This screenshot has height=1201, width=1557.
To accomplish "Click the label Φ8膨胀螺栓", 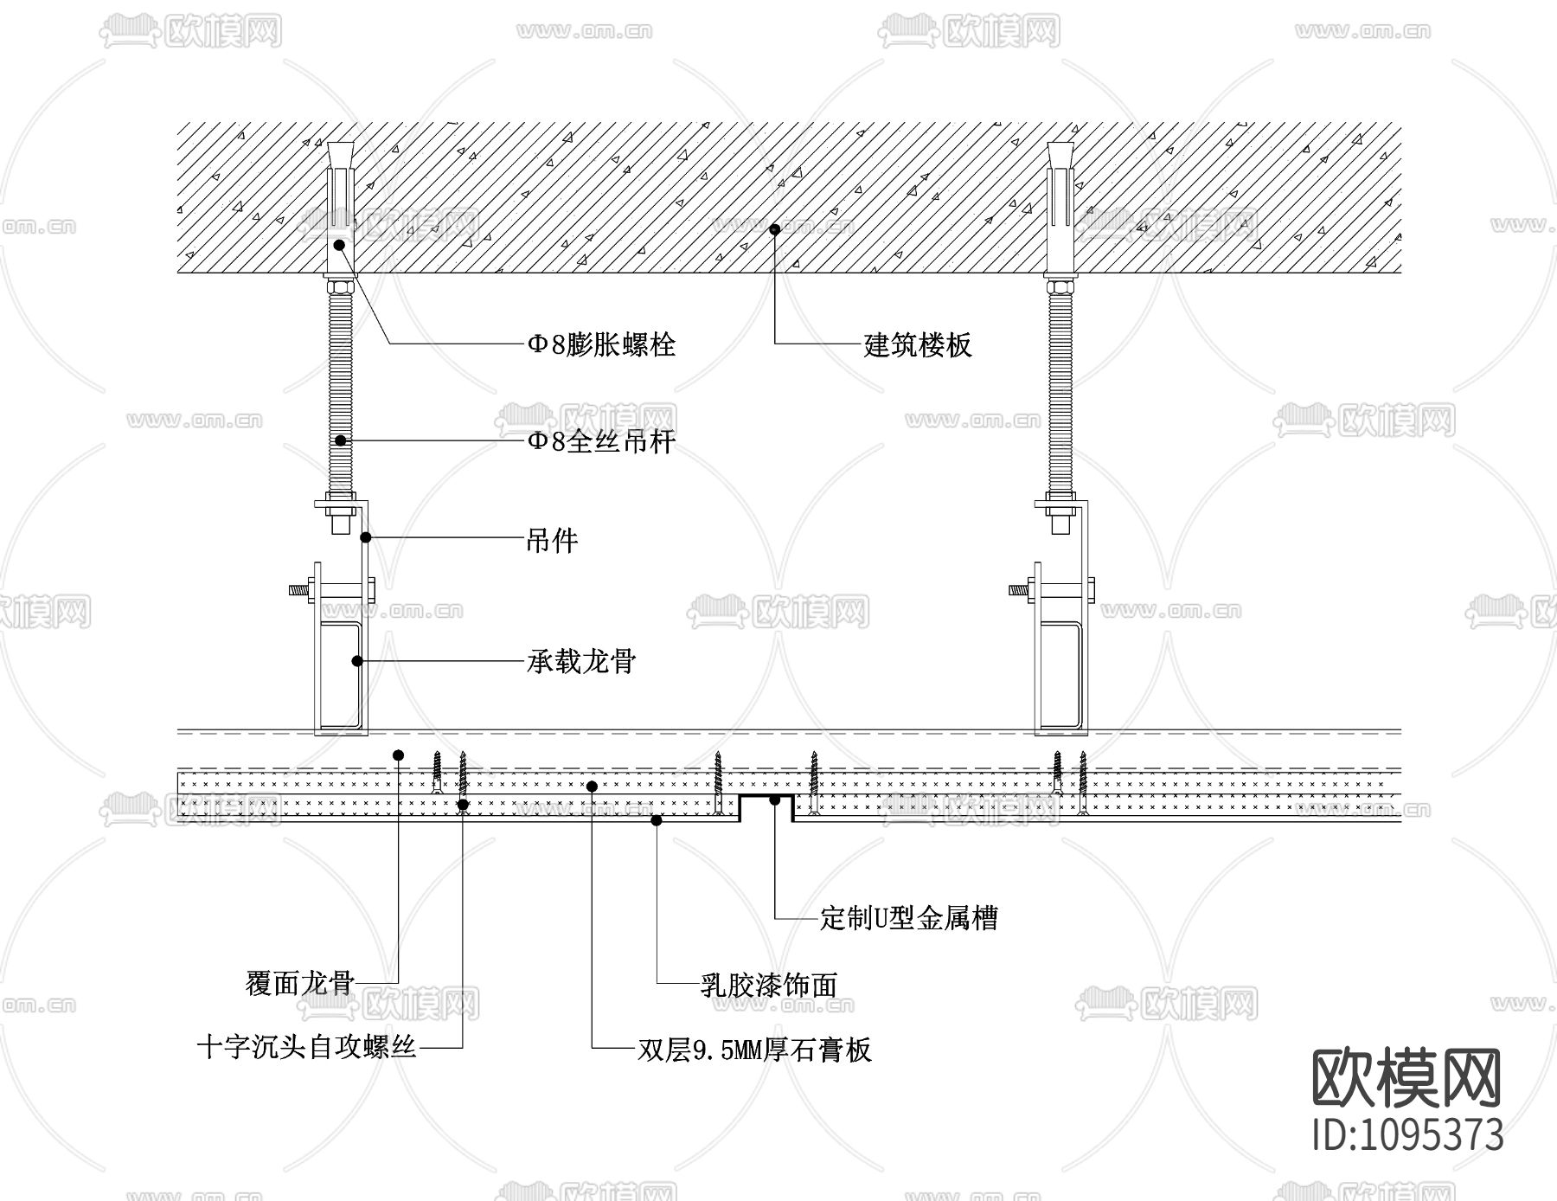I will coord(601,345).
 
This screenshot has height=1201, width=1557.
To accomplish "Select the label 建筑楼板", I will coord(918,345).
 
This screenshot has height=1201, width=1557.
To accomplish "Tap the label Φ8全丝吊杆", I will coord(601,442).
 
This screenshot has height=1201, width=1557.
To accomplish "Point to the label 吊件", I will coord(552,542).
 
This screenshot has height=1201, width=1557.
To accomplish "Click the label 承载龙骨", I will coord(581,662).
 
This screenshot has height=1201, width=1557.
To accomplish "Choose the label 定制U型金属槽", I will coord(908,917).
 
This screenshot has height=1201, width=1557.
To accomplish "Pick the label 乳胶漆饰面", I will coord(768,985).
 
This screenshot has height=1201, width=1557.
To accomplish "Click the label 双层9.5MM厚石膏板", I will coord(754,1050).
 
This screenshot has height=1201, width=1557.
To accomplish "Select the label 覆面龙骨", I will coord(300,983).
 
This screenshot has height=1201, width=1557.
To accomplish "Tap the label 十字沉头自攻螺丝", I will coord(307,1048).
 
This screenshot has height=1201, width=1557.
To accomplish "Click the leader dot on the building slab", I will coord(775,229).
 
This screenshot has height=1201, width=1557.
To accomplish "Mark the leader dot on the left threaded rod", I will coord(341,440).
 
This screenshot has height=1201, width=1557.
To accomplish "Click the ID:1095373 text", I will coord(1408,1134).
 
